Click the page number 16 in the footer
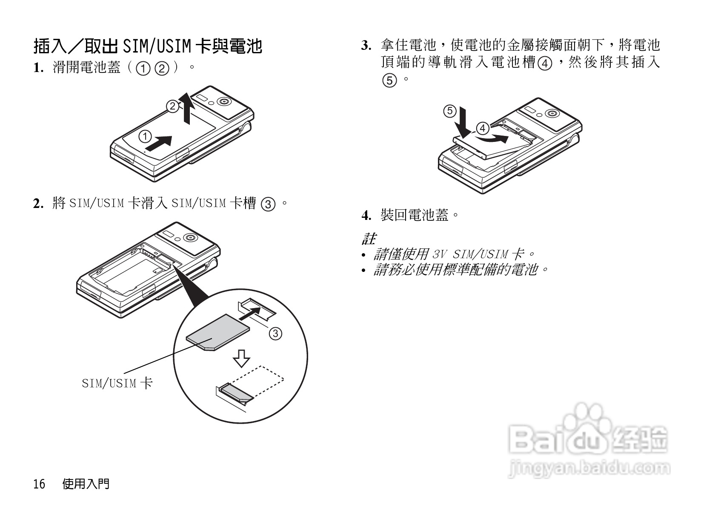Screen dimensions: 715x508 point(39,484)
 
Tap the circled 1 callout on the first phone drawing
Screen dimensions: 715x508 point(145,136)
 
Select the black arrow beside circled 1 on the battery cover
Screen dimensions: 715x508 point(160,142)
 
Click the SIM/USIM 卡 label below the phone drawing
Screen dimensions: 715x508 point(117,383)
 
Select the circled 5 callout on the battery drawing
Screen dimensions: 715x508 point(449,111)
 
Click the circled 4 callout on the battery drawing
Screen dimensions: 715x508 point(482,128)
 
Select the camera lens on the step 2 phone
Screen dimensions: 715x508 point(189,237)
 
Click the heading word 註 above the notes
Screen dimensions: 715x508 point(369,238)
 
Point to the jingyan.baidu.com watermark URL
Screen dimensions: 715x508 point(589,469)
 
